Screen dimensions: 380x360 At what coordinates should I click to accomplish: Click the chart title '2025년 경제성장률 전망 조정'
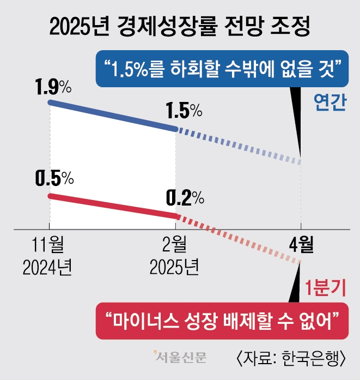tap(180, 26)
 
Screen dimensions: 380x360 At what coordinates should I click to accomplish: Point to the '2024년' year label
tap(48, 267)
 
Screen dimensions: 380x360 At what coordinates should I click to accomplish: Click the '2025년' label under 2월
tap(175, 267)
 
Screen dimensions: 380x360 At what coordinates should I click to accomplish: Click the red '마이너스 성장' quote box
tap(222, 318)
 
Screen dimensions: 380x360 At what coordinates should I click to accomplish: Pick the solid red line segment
tap(113, 206)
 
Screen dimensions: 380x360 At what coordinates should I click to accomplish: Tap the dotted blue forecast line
tap(239, 146)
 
